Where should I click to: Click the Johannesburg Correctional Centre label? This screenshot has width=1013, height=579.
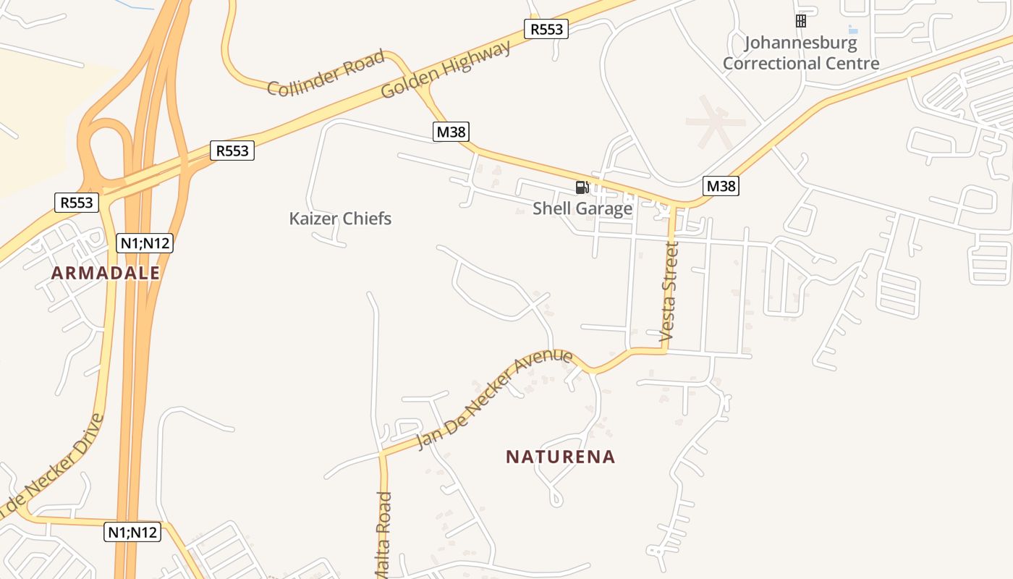(801, 53)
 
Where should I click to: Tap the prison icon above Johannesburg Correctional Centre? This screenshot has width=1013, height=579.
(801, 21)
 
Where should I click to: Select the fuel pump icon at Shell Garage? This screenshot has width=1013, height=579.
(582, 187)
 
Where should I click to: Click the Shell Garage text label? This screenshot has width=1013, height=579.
(582, 208)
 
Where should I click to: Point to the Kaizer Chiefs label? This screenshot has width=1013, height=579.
(340, 219)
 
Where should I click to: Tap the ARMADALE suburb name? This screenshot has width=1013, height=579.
(106, 273)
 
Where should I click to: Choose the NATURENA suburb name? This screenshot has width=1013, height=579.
(561, 457)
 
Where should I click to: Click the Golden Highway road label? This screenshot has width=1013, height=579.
(446, 69)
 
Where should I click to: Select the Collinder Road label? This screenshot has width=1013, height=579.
(326, 74)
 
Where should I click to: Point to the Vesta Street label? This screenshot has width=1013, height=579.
(670, 292)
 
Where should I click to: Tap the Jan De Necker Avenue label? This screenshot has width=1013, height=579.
(495, 400)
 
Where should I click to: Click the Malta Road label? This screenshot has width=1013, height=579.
(384, 536)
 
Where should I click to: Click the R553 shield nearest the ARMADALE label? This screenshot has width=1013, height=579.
(77, 202)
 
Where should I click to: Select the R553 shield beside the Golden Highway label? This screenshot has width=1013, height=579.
(546, 29)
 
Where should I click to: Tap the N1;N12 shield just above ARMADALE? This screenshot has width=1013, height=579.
(145, 243)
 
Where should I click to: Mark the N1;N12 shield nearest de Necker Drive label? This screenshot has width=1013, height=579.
(132, 532)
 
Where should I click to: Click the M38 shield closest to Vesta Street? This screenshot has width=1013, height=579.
(721, 186)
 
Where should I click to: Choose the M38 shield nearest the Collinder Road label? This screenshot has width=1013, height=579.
(451, 132)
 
